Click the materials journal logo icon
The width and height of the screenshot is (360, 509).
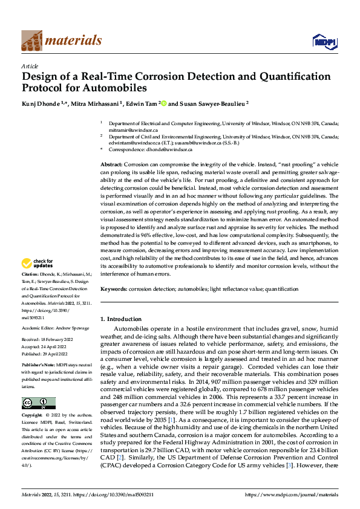coord(31,40)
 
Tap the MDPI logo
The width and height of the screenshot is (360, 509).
coord(323,41)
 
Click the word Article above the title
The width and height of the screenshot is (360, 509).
coord(30,66)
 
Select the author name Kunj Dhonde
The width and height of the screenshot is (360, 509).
coord(40,104)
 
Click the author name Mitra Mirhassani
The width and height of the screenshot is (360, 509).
coord(96,104)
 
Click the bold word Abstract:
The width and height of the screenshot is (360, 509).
coord(111,164)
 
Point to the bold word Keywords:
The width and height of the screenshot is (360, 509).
coord(113,290)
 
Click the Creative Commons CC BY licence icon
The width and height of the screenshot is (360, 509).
coord(38,403)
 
